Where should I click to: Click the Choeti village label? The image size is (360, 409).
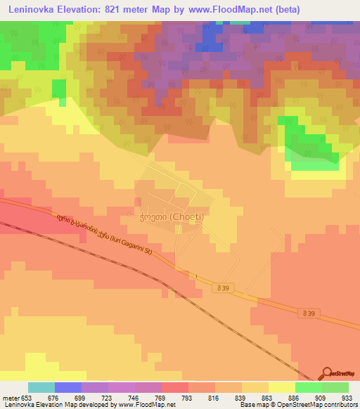[x=172, y=216]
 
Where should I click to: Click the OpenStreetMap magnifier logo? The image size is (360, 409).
[x=328, y=375]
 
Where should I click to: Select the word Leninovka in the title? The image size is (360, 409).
[x=35, y=10]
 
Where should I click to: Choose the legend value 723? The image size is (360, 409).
[x=109, y=397]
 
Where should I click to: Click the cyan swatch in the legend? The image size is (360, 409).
[x=41, y=387]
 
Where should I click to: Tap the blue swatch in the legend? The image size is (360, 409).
[x=68, y=387]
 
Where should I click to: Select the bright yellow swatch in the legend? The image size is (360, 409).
[x=282, y=387]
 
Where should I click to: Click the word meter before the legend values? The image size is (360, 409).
[x=11, y=397]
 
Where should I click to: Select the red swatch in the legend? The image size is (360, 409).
[x=175, y=387]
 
